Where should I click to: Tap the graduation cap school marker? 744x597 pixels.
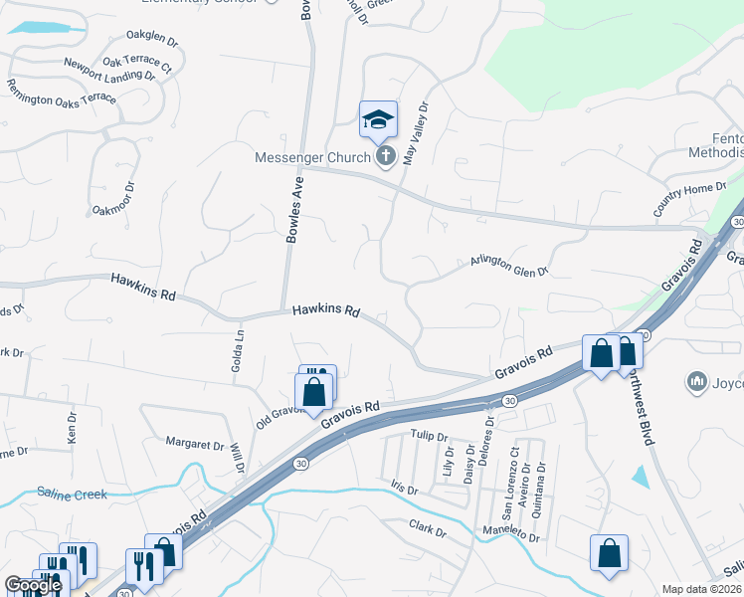[378, 120]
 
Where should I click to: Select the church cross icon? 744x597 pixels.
[386, 156]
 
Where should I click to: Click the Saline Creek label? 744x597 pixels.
[72, 493]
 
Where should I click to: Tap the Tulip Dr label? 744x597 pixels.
[430, 435]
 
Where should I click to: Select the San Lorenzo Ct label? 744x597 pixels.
[509, 484]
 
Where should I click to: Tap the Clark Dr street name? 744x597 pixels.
[429, 528]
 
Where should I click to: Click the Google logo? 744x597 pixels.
[33, 585]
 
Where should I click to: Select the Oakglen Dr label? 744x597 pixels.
[152, 42]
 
